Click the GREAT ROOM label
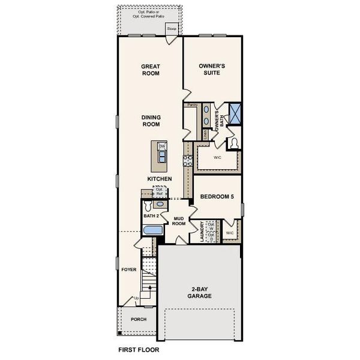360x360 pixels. point(149,71)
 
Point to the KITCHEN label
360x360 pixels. point(160,179)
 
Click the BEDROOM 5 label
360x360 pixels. point(216,197)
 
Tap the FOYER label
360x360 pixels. point(128,270)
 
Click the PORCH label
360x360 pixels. point(139,319)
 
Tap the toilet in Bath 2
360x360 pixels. point(150,205)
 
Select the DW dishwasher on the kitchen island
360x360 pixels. point(161,146)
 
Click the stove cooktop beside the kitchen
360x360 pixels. point(187,160)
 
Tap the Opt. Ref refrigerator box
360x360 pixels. point(160,191)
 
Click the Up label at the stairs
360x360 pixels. point(136,298)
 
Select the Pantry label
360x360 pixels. point(192,104)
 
